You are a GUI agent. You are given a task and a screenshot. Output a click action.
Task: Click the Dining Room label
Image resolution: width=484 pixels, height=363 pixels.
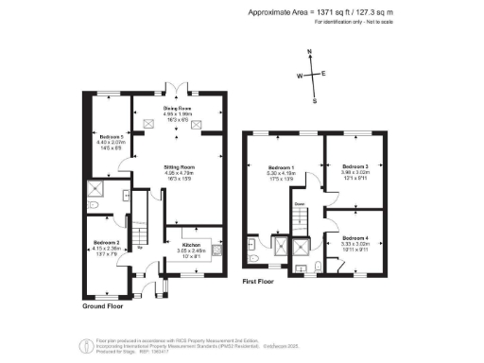pos(179,109)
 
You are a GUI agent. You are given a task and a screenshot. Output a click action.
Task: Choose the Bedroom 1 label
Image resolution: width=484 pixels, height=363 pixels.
pos(281,167)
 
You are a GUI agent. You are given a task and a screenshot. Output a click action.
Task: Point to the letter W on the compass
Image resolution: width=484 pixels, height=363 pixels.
pos(300,75)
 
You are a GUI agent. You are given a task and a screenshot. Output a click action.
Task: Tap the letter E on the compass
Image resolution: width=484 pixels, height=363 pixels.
pos(324,73)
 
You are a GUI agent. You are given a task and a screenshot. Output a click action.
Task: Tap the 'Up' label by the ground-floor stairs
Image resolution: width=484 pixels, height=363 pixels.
pos(139,248)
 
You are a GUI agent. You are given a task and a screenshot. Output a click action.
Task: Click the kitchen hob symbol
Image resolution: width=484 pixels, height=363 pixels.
pos(218,251)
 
